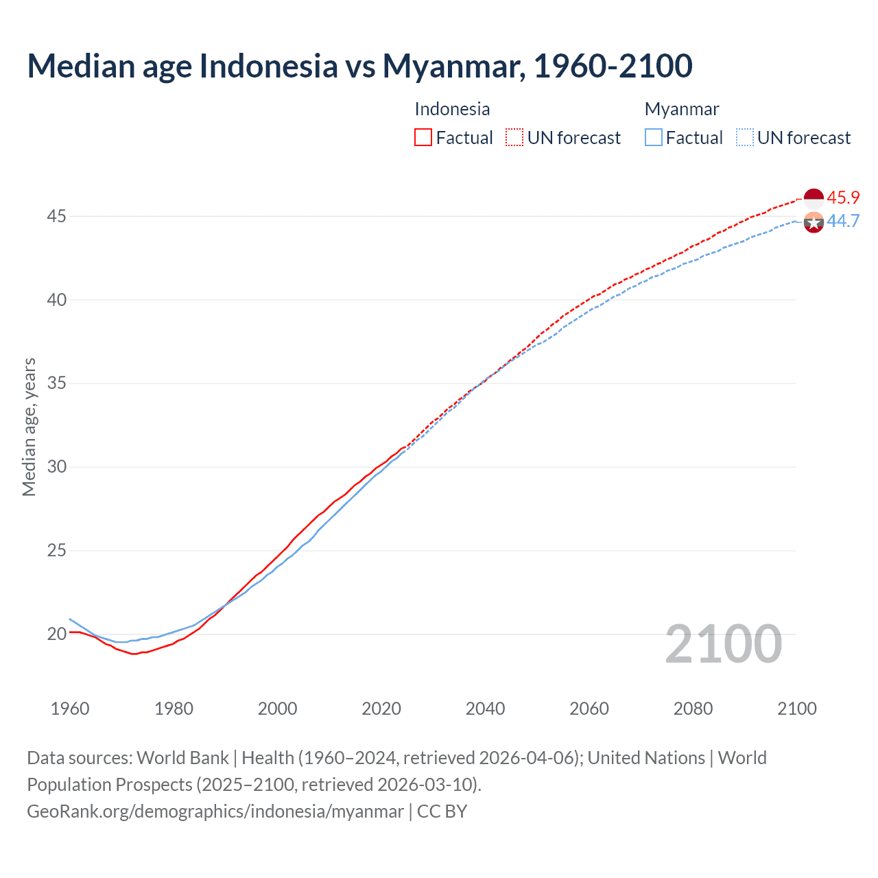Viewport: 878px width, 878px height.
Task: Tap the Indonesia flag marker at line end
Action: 814,198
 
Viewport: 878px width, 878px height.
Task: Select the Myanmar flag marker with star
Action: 814,222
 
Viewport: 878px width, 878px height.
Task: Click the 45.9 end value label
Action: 843,198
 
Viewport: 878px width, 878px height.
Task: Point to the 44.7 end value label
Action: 843,221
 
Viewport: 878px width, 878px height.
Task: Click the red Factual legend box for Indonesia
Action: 423,138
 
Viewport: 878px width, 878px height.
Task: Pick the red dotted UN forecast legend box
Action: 514,138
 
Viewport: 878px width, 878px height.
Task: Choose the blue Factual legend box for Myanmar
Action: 654,138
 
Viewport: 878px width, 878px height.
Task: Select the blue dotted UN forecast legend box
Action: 745,138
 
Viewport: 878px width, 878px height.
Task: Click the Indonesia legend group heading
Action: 452,109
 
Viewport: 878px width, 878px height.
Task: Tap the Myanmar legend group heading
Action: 682,109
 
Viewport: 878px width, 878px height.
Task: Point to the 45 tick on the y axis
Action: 56,217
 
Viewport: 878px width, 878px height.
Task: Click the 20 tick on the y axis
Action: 56,634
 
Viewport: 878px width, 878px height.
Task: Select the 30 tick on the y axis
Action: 56,467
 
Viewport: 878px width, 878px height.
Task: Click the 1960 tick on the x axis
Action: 70,709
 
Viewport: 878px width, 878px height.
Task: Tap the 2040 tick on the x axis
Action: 485,709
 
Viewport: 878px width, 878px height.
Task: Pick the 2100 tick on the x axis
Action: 796,709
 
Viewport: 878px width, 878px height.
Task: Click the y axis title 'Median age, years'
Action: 29,427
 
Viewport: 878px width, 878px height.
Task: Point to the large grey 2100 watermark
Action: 724,644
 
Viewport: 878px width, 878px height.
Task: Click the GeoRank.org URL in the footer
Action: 215,811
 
